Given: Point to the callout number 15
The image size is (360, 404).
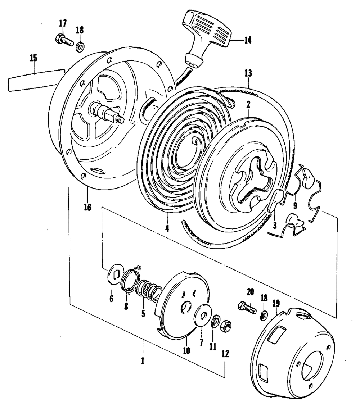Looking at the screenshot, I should (x=33, y=57).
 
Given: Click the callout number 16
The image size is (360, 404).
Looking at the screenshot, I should (x=87, y=207).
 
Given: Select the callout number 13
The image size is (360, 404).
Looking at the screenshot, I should (x=248, y=73).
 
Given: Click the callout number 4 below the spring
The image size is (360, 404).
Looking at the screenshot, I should (x=167, y=228).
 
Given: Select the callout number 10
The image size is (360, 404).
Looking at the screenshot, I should (x=186, y=350).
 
